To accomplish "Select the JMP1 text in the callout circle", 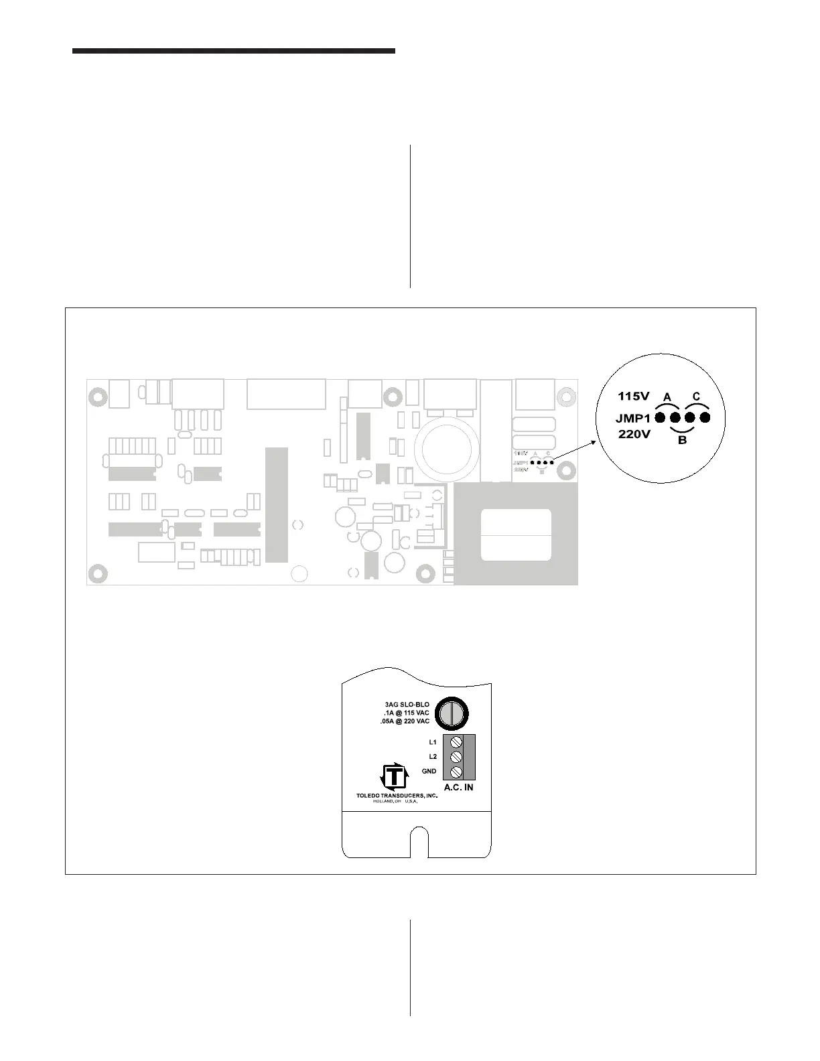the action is click(x=633, y=418).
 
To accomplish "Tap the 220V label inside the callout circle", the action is click(x=634, y=434).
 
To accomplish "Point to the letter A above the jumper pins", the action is click(x=667, y=397).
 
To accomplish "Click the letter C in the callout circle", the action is click(x=697, y=397).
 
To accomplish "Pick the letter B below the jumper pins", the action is click(x=682, y=441).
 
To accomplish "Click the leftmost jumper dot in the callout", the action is click(x=661, y=418).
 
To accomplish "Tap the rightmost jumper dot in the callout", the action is click(x=704, y=418).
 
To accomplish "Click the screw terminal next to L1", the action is click(x=458, y=742).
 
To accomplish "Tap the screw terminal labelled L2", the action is click(x=458, y=756).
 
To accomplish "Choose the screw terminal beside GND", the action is click(x=458, y=771).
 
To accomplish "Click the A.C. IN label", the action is click(x=458, y=788).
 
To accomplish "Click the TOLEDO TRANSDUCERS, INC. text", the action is click(x=397, y=796).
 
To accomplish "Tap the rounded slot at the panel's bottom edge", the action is click(x=419, y=843).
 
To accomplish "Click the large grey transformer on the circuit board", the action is click(x=516, y=534).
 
